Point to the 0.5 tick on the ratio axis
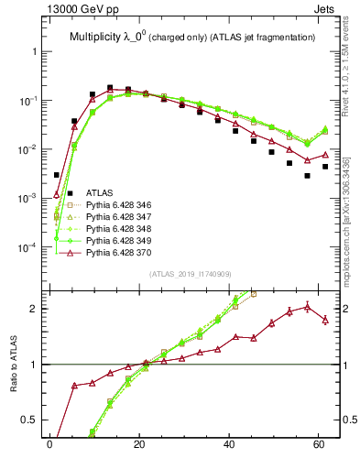click(x=31, y=420)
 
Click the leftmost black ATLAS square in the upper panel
click(x=57, y=175)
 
